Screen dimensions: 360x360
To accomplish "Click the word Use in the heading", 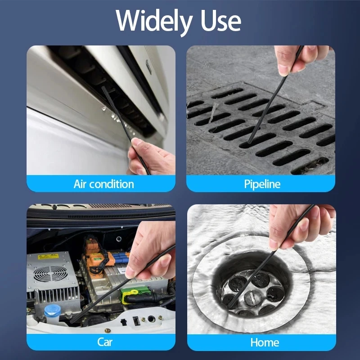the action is pos(221,21).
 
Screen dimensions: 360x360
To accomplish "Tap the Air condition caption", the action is pos(104,184).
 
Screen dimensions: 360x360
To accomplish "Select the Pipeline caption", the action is pos(262,184).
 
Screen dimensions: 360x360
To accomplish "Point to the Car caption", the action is pos(105,342).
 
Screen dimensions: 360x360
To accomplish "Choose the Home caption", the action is pos(265,342).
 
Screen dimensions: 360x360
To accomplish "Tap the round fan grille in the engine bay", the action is pos(50,274).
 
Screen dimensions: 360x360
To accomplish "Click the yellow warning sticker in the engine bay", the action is pos(49,256).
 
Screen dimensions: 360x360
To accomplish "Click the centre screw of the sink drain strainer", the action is pos(252,298).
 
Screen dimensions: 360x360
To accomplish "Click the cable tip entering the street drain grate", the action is pos(249,142).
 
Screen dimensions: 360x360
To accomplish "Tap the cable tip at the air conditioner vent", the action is pos(103,88).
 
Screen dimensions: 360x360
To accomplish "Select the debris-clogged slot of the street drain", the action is pos(310,166).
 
